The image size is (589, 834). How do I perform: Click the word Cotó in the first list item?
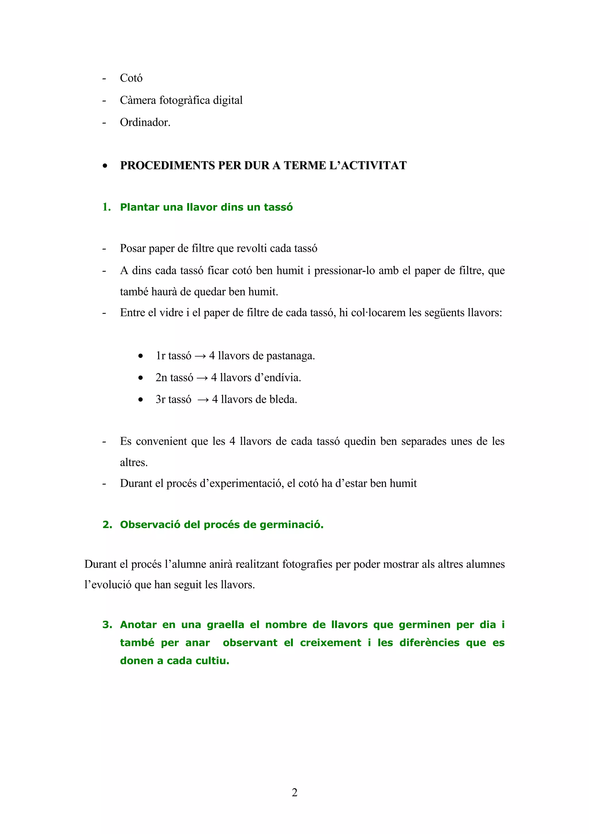point(131,78)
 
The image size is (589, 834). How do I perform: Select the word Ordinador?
point(145,122)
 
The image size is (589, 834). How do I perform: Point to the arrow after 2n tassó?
point(202,378)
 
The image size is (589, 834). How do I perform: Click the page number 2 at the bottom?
point(294,793)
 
